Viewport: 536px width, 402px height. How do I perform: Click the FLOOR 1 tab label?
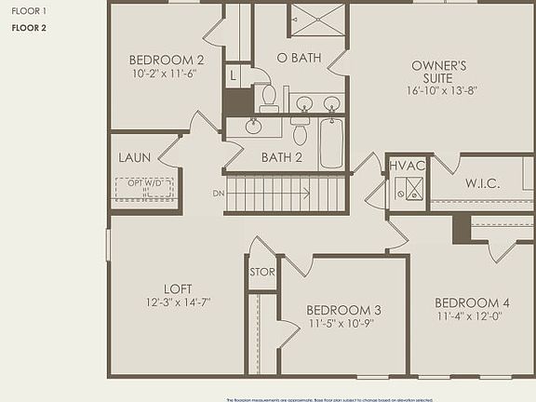(x=27, y=10)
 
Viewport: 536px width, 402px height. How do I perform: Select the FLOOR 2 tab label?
(x=29, y=28)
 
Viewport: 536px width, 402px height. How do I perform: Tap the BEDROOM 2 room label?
(x=166, y=60)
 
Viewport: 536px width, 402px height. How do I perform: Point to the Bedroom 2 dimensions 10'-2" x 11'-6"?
(x=166, y=74)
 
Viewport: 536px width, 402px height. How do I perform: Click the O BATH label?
(x=300, y=58)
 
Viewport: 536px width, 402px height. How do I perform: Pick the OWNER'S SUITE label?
(x=439, y=72)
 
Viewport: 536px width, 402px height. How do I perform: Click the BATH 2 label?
(x=282, y=157)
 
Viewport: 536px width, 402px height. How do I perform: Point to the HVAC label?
(x=407, y=165)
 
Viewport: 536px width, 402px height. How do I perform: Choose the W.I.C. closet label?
(x=483, y=183)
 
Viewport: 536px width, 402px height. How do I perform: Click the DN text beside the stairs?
(x=219, y=194)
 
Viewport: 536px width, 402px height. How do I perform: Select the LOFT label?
(x=177, y=288)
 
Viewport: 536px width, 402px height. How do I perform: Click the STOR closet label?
(x=262, y=272)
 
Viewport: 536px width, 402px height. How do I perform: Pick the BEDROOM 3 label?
(x=343, y=310)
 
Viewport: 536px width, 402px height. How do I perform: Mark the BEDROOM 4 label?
(x=472, y=302)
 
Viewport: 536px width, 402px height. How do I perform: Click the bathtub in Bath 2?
(x=331, y=143)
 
